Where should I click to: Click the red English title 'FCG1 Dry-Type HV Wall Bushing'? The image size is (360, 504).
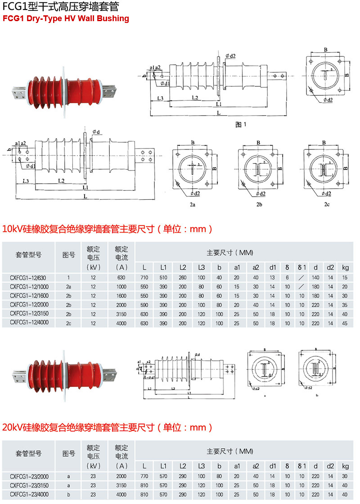coord(66,18)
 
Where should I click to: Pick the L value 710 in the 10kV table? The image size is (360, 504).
coord(144,278)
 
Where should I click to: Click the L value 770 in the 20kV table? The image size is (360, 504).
coord(144,477)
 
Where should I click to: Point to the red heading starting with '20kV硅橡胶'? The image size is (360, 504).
coord(107,427)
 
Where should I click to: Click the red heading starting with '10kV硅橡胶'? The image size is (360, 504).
coord(107,229)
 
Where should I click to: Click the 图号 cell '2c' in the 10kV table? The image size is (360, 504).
coord(68,323)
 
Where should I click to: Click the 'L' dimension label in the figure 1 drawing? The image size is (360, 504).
coord(218,113)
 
